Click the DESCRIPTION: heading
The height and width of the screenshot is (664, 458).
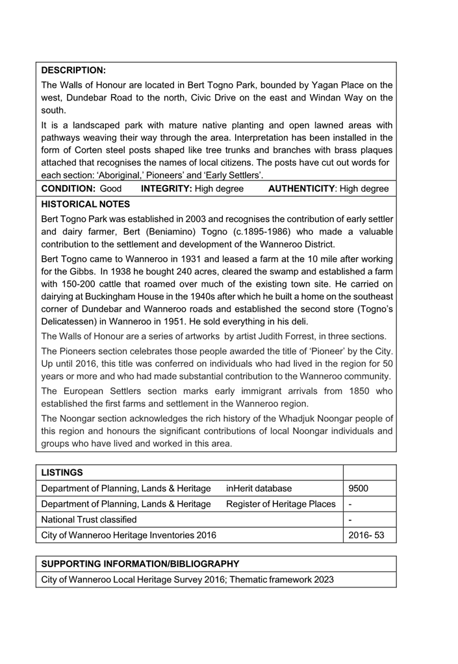[x=73, y=70]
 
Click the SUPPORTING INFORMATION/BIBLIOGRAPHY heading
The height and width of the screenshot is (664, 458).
[x=140, y=563]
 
